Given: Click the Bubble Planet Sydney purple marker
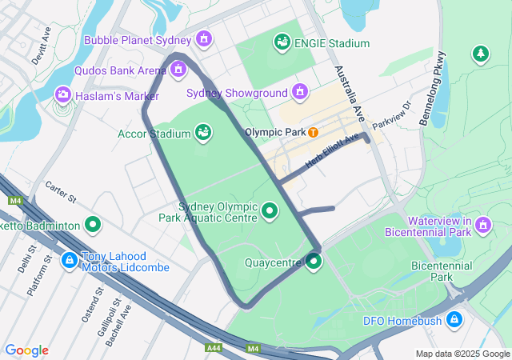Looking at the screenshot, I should pyautogui.click(x=204, y=38).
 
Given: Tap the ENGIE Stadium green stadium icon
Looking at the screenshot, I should pyautogui.click(x=282, y=42).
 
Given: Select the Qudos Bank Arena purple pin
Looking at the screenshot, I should pyautogui.click(x=178, y=70).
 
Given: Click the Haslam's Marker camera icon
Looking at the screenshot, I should pyautogui.click(x=62, y=95).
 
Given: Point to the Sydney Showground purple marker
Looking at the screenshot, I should pyautogui.click(x=300, y=92).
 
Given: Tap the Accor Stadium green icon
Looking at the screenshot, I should pyautogui.click(x=203, y=131).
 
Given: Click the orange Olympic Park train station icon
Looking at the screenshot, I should pyautogui.click(x=314, y=132).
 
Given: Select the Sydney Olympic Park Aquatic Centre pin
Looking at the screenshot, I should pyautogui.click(x=270, y=212).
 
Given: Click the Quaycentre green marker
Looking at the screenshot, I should pyautogui.click(x=313, y=261).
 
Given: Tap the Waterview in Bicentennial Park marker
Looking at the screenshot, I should pyautogui.click(x=482, y=226).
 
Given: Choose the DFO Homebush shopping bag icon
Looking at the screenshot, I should pyautogui.click(x=454, y=320).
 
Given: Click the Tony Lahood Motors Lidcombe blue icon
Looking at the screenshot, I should pyautogui.click(x=70, y=260).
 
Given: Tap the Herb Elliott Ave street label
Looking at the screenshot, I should pyautogui.click(x=332, y=151).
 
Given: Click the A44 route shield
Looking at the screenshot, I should pyautogui.click(x=214, y=348).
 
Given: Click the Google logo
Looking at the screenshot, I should pyautogui.click(x=26, y=350).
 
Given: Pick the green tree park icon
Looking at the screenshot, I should pyautogui.click(x=480, y=54).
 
